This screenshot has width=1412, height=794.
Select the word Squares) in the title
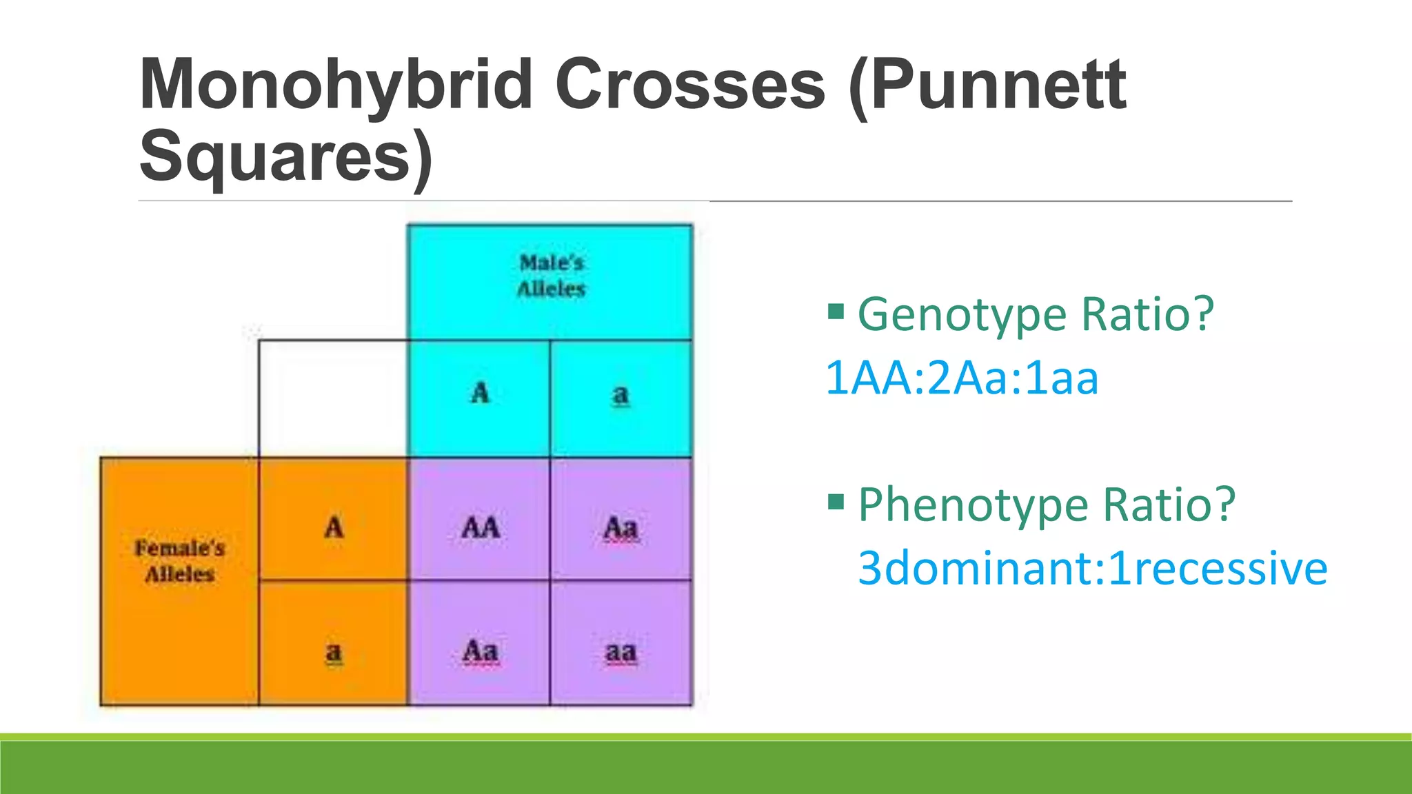(x=286, y=157)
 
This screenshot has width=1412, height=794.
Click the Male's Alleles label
(x=551, y=276)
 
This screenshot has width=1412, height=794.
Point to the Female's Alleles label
(x=180, y=561)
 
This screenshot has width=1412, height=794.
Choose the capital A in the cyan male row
(x=480, y=394)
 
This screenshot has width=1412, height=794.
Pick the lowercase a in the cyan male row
(x=621, y=395)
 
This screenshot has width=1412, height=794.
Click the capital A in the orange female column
(x=334, y=528)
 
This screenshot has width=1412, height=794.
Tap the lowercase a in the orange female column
(x=334, y=651)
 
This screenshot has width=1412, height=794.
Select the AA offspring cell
(x=480, y=528)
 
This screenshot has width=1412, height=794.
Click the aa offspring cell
(x=621, y=652)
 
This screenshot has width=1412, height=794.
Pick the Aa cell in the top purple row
(x=621, y=529)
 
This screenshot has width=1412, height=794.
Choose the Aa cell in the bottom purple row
(x=480, y=651)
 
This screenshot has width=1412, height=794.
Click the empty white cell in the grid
(x=334, y=398)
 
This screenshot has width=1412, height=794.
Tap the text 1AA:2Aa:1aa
(x=961, y=378)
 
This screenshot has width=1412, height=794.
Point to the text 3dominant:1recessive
(x=1092, y=569)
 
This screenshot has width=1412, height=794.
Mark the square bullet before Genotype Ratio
(x=836, y=312)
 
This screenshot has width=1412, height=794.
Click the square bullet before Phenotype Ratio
(x=836, y=501)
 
